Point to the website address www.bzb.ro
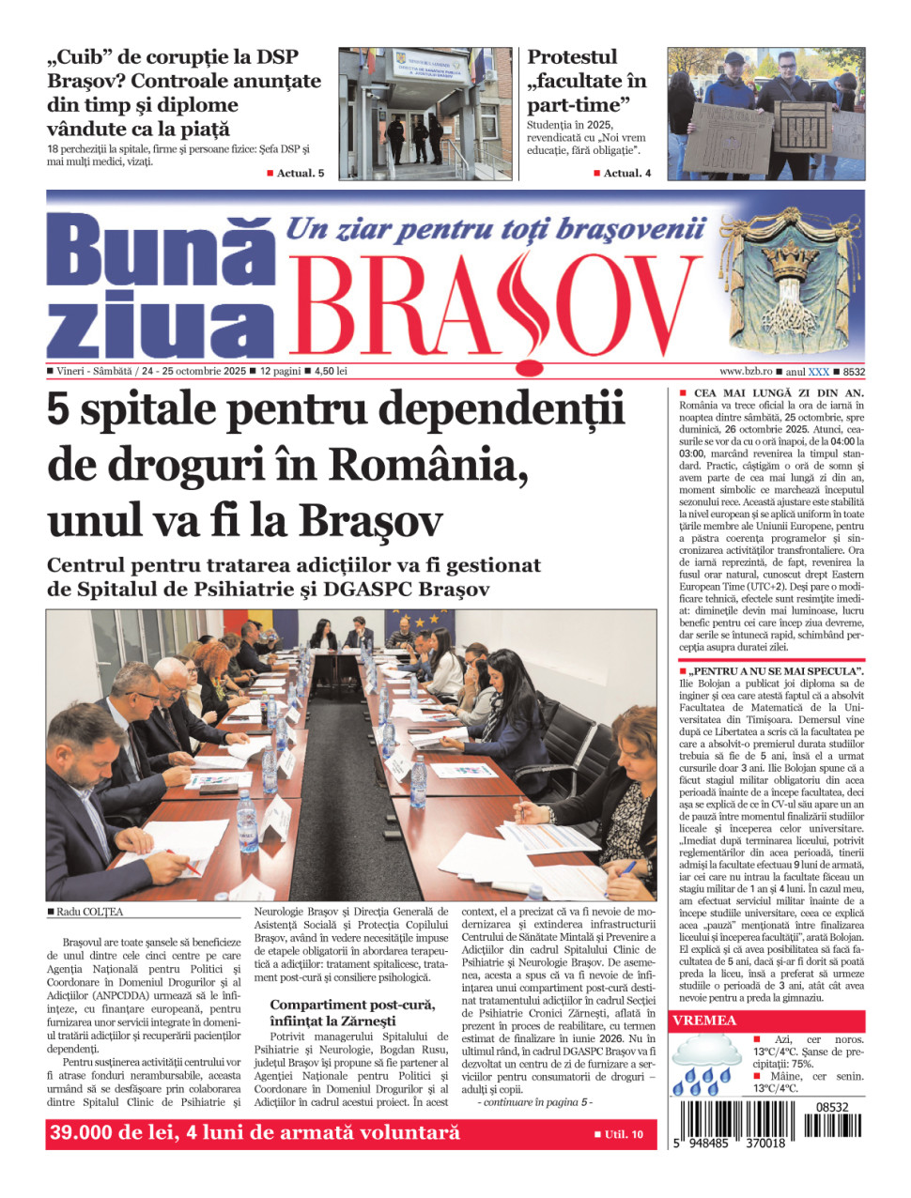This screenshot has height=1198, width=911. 746,372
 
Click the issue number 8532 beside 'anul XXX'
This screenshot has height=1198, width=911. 854,372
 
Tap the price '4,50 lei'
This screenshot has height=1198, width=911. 331,371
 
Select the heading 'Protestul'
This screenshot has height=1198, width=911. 572,57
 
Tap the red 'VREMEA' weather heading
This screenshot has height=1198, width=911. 704,1021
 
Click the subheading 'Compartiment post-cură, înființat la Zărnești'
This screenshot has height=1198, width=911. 352,1012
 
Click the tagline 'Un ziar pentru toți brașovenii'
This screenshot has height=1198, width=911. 495,228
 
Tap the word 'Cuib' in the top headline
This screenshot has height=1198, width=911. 79,57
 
